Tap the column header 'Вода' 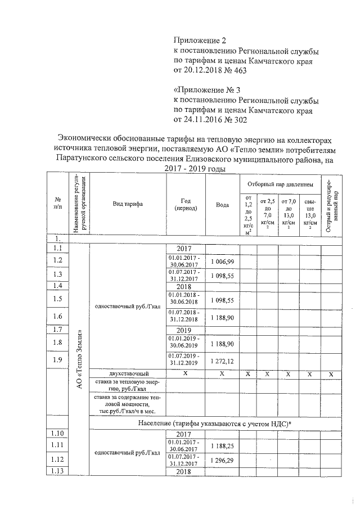coord(222,205)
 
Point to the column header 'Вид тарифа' coord(128,205)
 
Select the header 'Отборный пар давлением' coord(278,183)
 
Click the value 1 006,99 coord(222,262)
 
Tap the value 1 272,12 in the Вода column coord(222,360)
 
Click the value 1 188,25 coord(222,445)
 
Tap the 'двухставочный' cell coord(128,373)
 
